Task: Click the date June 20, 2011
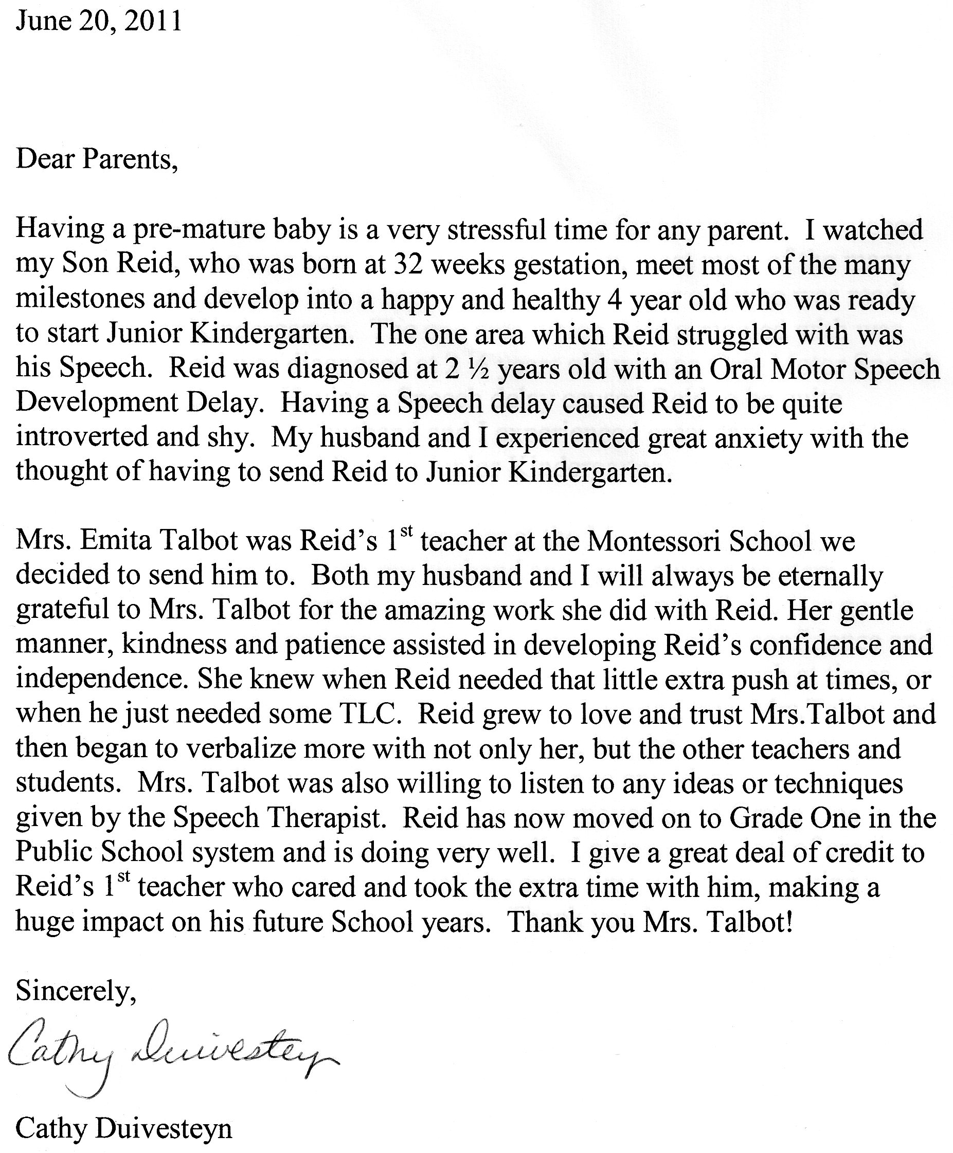tap(99, 22)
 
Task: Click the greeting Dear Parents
tap(97, 159)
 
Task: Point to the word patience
tap(364, 645)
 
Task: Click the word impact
tap(122, 923)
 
